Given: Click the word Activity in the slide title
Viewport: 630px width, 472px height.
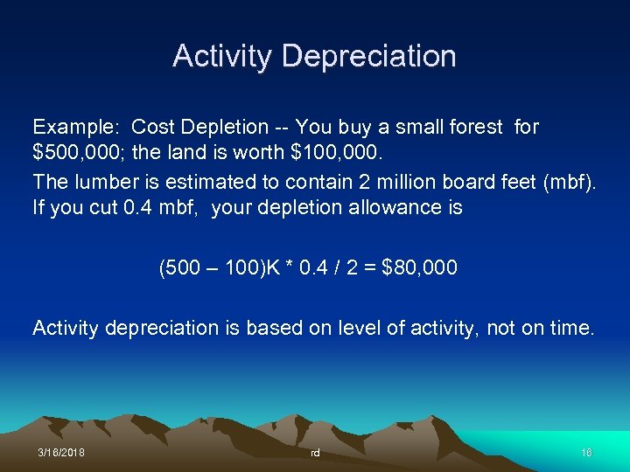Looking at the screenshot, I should [x=224, y=56].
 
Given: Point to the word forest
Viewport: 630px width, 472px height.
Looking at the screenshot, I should [x=472, y=128].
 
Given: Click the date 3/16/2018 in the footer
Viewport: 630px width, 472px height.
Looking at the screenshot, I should [x=61, y=454].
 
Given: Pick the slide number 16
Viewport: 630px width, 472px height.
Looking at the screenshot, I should [x=586, y=454].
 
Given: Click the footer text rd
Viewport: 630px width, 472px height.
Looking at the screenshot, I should [x=315, y=454].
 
